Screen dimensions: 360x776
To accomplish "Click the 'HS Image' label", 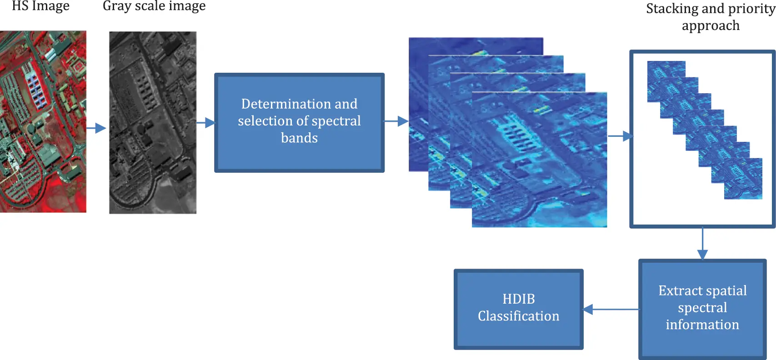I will tap(40, 6).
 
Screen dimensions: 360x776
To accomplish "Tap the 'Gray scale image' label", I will tap(154, 6).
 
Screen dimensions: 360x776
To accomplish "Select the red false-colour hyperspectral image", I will tap(43, 121).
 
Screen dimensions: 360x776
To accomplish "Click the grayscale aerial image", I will tap(153, 122).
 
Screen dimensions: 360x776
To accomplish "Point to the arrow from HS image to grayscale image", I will tap(96, 128).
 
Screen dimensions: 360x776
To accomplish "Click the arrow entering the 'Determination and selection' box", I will tap(206, 122).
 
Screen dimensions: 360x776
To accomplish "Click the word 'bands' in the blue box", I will tap(299, 138).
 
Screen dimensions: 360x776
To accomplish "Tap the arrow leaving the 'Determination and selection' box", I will tap(396, 121).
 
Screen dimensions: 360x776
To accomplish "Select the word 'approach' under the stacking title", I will tap(711, 26).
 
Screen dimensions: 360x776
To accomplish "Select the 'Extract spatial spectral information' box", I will tap(702, 309).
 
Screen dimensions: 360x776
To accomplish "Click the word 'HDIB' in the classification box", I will tap(518, 299).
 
